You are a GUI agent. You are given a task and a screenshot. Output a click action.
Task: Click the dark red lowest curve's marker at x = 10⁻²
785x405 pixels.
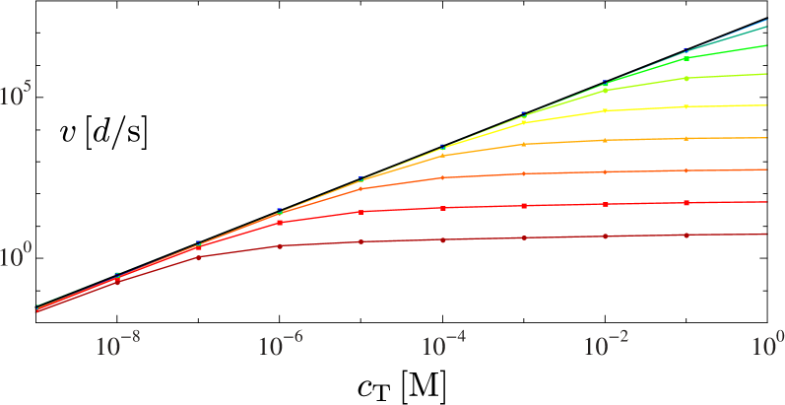(606, 236)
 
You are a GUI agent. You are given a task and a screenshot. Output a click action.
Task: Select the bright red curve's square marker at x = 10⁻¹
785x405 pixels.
(687, 203)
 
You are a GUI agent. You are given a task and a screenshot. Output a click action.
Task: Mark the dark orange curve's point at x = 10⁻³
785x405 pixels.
(524, 173)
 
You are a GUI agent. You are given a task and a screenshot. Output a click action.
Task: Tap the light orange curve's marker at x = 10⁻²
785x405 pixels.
(606, 140)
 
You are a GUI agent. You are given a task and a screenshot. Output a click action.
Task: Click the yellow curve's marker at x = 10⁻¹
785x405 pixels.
(687, 106)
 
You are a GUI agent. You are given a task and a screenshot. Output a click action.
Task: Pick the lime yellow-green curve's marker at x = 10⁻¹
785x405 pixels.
(687, 77)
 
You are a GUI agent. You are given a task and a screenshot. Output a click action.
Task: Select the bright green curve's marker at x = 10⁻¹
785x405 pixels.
(687, 58)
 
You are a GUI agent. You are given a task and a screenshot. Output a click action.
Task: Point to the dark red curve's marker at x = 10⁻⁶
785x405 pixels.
(281, 245)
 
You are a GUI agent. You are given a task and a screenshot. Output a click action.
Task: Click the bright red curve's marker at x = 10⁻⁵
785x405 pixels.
(361, 212)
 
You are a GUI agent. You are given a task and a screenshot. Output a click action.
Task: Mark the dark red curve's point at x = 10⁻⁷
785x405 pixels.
(199, 257)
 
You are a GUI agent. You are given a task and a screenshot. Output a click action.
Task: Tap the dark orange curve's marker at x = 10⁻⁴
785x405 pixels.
(443, 177)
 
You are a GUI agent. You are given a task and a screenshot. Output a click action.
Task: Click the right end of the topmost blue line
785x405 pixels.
(766, 20)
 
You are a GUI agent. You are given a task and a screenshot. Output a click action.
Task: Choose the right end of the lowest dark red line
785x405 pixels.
(766, 235)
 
